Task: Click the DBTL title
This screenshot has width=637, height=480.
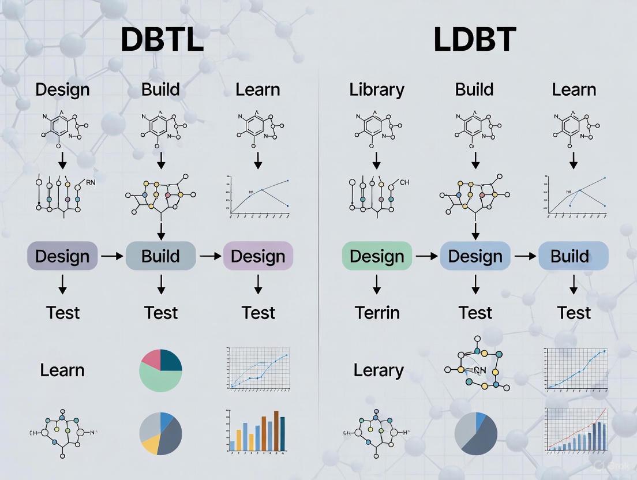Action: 162,40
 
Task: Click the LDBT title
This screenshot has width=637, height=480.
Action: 474,40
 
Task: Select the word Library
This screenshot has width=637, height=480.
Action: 377,90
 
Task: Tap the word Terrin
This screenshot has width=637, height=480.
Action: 377,313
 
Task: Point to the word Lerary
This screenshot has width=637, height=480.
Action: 378,370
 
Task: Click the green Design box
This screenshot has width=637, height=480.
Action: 377,256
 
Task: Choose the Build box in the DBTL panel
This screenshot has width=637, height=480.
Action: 160,256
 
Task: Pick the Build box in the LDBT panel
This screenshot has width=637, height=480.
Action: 573,256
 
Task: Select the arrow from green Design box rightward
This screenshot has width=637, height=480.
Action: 426,256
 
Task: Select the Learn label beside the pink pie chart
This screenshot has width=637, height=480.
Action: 62,370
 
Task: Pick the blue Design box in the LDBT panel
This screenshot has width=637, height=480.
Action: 475,256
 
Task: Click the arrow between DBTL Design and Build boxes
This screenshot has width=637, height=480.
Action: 111,256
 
